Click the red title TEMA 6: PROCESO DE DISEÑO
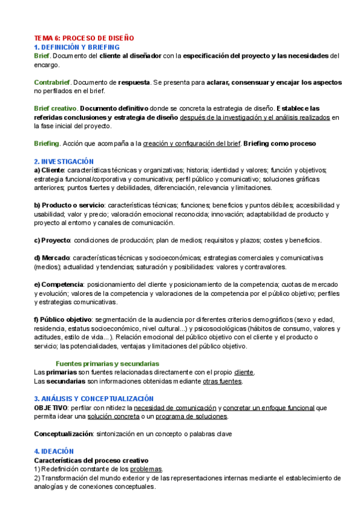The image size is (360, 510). [x=84, y=37]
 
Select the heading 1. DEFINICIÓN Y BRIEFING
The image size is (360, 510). [x=76, y=46]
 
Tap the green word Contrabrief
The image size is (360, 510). [x=52, y=82]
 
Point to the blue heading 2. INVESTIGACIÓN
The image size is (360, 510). [x=64, y=161]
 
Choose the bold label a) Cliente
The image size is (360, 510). [x=49, y=170]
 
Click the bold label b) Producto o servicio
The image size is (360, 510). [x=69, y=205]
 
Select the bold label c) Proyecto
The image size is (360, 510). [x=52, y=241]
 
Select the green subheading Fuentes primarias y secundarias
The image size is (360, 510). [x=107, y=363]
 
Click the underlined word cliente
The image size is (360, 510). [x=244, y=372]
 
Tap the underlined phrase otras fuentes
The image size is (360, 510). [x=222, y=381]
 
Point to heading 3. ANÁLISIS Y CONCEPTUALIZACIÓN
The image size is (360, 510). [x=94, y=398]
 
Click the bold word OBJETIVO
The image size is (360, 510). [x=50, y=407]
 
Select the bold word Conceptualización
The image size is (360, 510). [x=63, y=434]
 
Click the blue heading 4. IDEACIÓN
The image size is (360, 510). [x=53, y=451]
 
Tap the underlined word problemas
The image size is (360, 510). [x=147, y=469]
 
